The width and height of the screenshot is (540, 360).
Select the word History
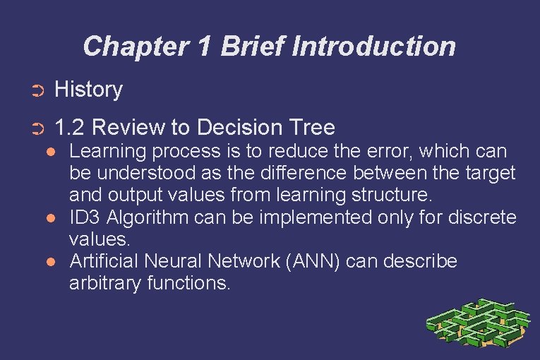(x=88, y=90)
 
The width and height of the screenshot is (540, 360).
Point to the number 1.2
(x=70, y=128)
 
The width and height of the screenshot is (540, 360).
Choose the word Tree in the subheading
(x=312, y=128)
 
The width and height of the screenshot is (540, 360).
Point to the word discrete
(x=482, y=217)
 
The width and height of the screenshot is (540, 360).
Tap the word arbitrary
(x=104, y=284)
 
